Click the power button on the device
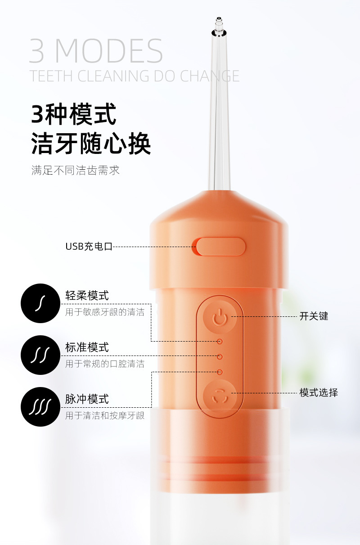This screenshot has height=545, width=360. point(220,317)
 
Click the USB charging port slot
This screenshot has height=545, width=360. point(220,247)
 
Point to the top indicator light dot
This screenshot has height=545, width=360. point(220,342)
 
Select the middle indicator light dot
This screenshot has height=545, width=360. point(220,356)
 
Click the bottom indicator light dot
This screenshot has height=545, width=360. point(220,372)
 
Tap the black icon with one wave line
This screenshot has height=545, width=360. point(40,303)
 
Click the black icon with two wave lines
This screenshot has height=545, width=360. point(40,355)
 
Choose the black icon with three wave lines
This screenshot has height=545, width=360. point(40,407)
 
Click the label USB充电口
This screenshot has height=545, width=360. point(89,247)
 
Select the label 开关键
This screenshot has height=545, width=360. point(314,316)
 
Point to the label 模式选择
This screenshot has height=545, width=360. point(319,392)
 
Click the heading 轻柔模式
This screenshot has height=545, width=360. point(87,296)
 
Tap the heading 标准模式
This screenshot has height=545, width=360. point(87,347)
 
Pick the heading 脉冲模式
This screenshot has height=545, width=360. point(87,399)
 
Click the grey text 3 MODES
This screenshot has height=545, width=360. point(96,51)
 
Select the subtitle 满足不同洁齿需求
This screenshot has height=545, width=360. point(76,171)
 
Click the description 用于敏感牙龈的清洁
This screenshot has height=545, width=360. point(105,312)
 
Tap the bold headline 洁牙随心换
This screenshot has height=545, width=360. point(91,144)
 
